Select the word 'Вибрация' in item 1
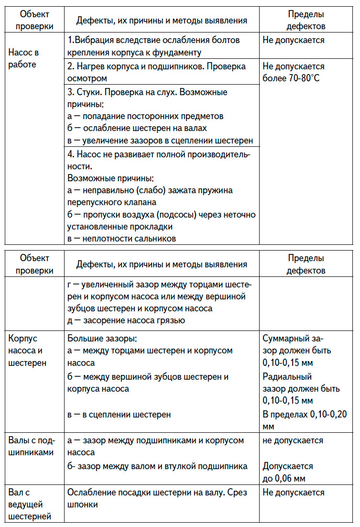pyautogui.click(x=93, y=40)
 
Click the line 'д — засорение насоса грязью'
pyautogui.click(x=126, y=320)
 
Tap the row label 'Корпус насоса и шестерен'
pyautogui.click(x=27, y=351)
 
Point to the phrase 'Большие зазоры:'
pyautogui.click(x=102, y=339)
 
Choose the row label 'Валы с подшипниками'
pyautogui.click(x=31, y=446)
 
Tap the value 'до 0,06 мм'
pyautogui.click(x=284, y=478)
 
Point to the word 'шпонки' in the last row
pyautogui.click(x=83, y=504)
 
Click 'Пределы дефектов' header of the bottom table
pyautogui.click(x=306, y=264)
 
